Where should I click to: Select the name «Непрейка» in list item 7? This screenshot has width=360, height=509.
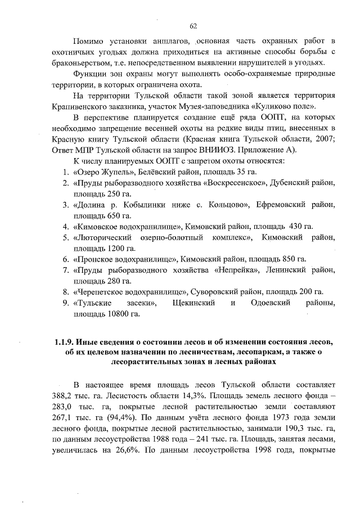pos(236,270)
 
